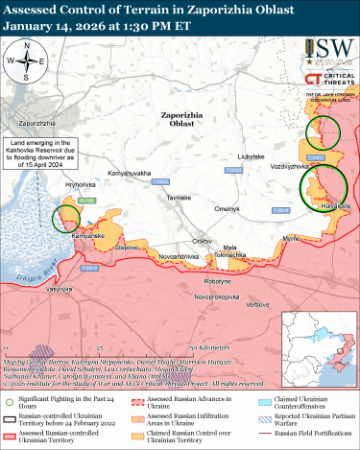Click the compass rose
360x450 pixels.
pos(29,60)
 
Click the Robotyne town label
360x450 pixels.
pos(217,281)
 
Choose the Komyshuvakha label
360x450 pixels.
pos(129,173)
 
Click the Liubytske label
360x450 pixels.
pos(251,155)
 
